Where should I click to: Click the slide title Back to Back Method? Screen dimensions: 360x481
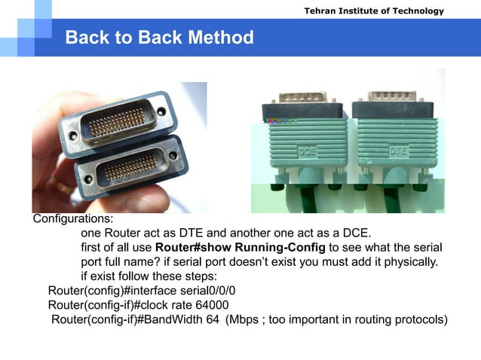pos(159,38)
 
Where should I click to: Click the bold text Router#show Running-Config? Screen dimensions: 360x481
pos(240,248)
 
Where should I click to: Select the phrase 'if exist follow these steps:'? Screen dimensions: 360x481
pos(149,276)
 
